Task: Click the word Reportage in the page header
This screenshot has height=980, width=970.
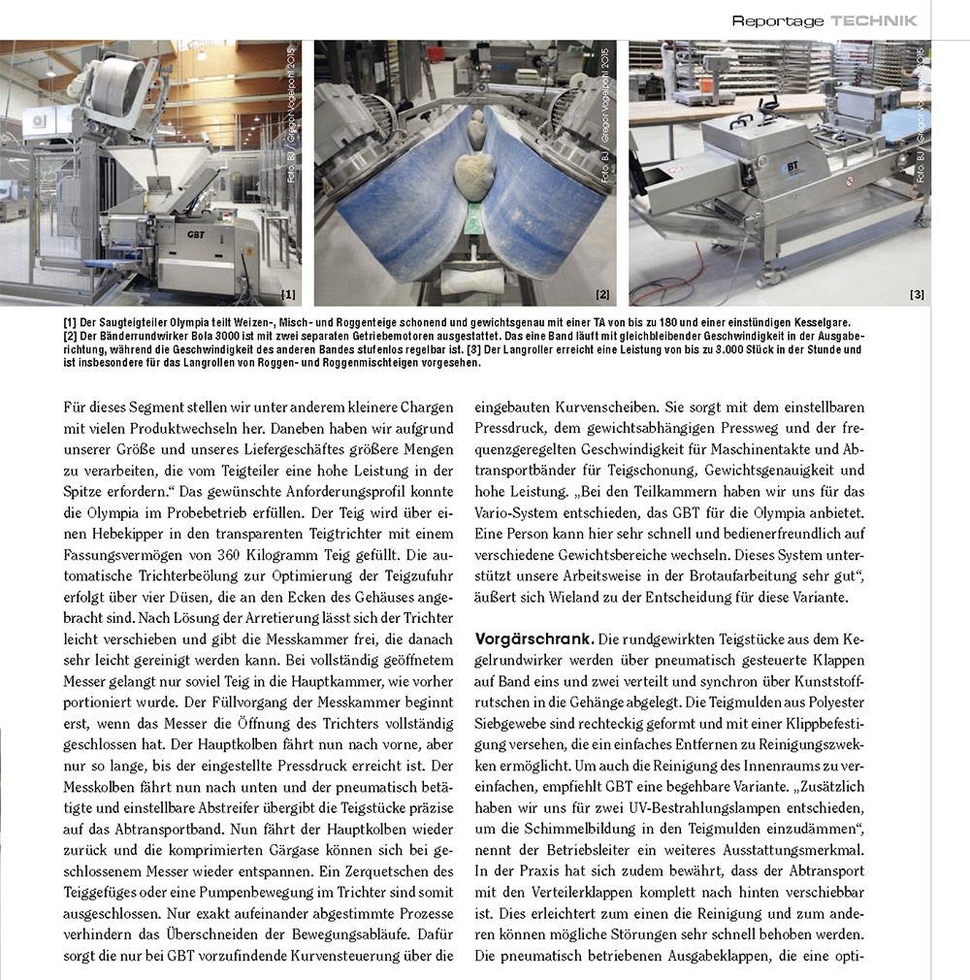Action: pyautogui.click(x=778, y=20)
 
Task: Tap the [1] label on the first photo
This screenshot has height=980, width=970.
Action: pyautogui.click(x=289, y=293)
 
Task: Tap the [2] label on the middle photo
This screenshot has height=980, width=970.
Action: pyautogui.click(x=602, y=293)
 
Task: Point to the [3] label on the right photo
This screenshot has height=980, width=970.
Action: pyautogui.click(x=917, y=293)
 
